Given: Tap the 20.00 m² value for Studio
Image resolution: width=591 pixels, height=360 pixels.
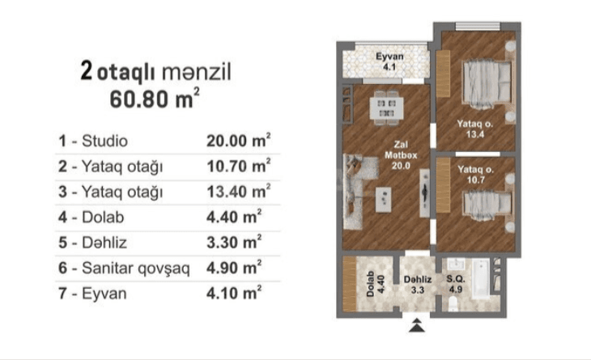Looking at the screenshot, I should point(238,141).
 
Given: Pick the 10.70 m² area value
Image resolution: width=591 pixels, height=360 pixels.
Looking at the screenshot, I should point(238,167).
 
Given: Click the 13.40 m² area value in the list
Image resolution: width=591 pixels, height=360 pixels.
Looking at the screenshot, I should point(238,192).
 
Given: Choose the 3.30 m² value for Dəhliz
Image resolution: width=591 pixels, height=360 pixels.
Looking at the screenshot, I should point(234,242).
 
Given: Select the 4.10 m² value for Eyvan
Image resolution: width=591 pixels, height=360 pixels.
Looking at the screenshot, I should point(234,293).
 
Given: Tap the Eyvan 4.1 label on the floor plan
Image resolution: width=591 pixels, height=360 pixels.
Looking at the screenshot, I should point(389,61).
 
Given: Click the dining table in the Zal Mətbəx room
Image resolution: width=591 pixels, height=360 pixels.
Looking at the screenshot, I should point(385,107).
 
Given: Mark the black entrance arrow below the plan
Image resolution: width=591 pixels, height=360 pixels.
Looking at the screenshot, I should point(417,325).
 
